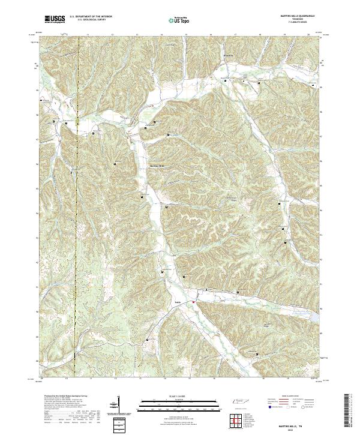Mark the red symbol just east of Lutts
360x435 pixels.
(x=194, y=302)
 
